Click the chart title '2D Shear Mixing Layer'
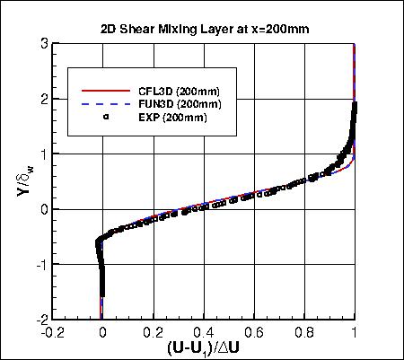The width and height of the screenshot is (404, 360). point(205,28)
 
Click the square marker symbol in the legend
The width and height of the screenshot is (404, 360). point(106,117)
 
